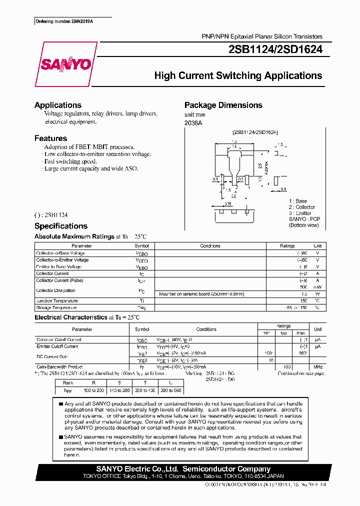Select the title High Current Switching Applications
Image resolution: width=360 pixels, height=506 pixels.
238,75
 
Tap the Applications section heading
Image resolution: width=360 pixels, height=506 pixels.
58,105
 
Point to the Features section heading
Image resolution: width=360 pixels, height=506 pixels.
50,138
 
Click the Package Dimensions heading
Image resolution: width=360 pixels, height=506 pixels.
223,105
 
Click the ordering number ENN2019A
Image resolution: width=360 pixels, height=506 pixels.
64,21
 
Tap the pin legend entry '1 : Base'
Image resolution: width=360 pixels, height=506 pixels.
298,201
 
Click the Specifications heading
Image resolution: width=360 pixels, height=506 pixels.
61,226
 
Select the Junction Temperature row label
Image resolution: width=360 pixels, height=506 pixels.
57,301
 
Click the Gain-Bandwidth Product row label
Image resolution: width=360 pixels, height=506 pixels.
59,366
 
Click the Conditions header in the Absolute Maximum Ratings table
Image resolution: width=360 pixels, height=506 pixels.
210,246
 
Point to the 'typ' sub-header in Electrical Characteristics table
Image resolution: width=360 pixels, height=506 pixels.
283,332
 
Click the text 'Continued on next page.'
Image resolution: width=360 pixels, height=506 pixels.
301,373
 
